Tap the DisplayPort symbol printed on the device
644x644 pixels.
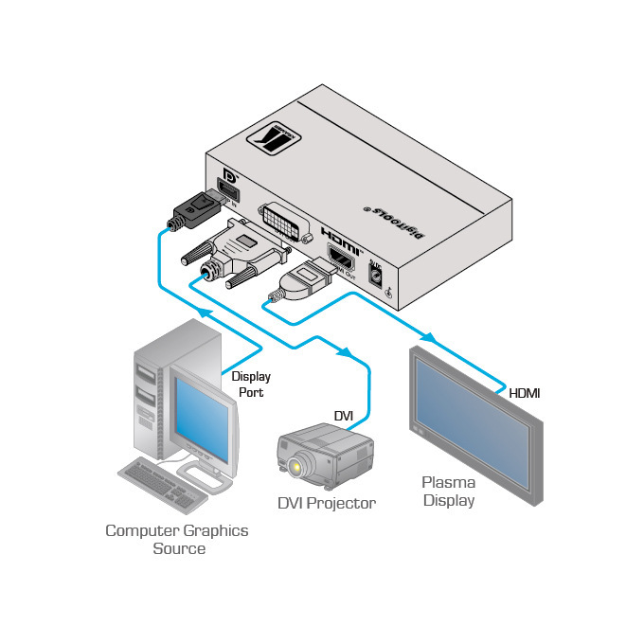coord(227,180)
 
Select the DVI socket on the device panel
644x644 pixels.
coord(285,221)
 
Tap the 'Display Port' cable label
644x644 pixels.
coord(251,384)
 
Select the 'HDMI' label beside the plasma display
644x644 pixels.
coord(524,392)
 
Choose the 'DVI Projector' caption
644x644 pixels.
coord(327,503)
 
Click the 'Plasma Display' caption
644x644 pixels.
coord(449,491)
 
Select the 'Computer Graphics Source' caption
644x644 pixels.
coord(177,539)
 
